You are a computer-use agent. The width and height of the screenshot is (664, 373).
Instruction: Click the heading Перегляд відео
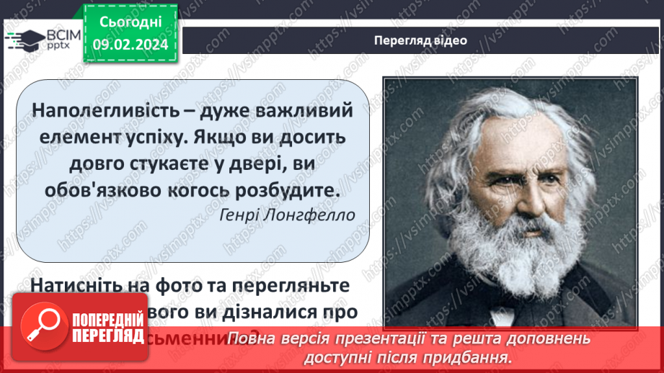pyautogui.click(x=420, y=40)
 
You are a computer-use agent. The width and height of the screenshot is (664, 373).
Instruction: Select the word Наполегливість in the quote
pyautogui.click(x=98, y=111)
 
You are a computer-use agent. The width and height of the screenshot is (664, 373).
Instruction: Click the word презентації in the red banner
pyautogui.click(x=402, y=339)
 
